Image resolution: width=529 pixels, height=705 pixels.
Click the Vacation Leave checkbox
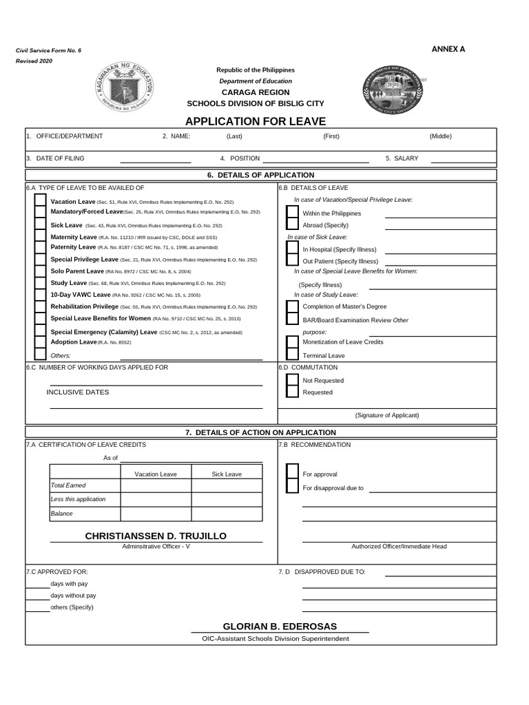point(40,201)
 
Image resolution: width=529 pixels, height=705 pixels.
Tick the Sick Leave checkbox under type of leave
point(40,225)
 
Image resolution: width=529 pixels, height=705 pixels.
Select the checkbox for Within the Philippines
point(292,213)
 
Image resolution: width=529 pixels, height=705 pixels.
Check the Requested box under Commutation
point(292,392)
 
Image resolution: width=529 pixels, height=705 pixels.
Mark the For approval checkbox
point(292,474)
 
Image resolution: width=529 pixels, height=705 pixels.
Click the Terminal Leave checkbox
point(292,355)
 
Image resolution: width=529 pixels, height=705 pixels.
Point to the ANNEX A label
point(448,49)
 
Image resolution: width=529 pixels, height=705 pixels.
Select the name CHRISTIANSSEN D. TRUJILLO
point(156,536)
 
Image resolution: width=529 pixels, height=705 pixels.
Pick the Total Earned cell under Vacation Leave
point(156,485)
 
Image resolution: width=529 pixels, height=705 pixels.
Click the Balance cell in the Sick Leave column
point(227,514)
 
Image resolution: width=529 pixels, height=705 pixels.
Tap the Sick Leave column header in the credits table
point(227,474)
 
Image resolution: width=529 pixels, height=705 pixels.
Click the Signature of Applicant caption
point(387,415)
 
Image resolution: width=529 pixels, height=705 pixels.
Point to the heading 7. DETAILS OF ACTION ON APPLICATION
point(260,432)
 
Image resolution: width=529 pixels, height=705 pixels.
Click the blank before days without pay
point(37,595)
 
